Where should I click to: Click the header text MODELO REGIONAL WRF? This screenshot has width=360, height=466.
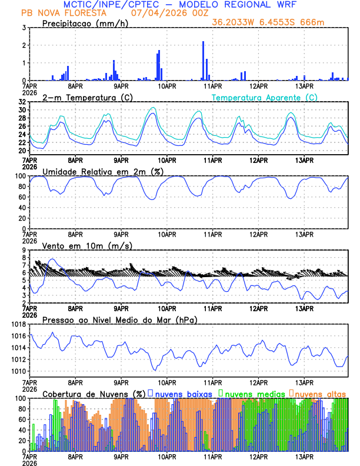(x=238, y=4)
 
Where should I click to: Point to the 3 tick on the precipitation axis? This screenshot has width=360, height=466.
(x=24, y=28)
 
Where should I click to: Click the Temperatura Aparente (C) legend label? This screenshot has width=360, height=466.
(x=265, y=97)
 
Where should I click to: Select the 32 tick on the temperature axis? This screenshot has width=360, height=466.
(x=22, y=102)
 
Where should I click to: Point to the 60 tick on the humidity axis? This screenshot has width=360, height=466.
(x=22, y=197)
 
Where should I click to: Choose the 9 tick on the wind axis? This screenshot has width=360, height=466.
(x=24, y=250)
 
